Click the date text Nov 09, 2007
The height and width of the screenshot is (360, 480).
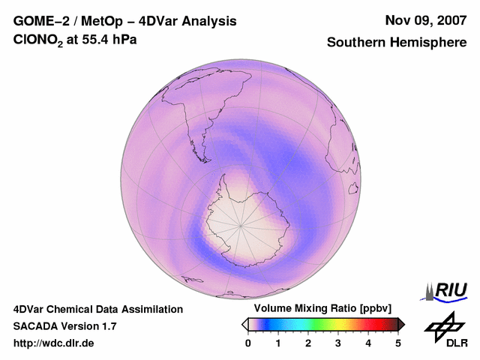425,20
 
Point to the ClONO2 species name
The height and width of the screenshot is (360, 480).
36,43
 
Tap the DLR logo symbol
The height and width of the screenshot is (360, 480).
442,326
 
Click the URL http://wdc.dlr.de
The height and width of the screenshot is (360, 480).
54,343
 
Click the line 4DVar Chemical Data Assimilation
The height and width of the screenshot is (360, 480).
98,309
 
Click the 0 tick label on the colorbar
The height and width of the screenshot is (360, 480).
248,343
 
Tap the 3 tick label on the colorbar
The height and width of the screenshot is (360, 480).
338,343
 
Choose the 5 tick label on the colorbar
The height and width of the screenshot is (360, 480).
398,343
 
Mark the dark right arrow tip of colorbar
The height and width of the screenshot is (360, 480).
402,324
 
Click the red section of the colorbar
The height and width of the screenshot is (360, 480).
367,324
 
